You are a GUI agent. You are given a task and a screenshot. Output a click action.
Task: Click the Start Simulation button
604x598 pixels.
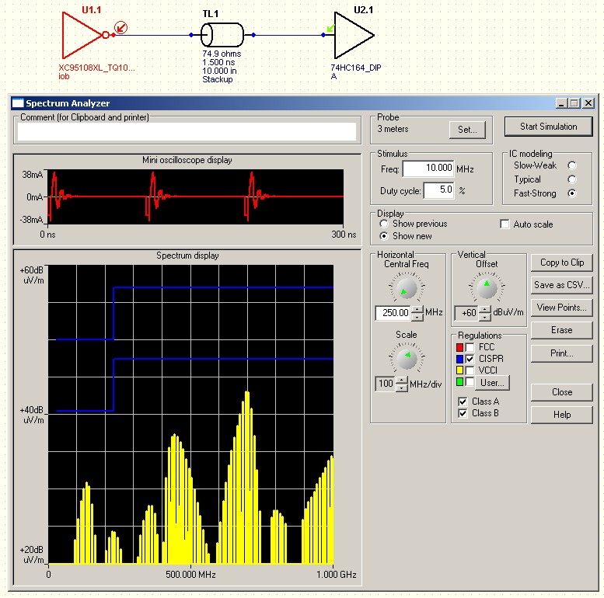pos(548,127)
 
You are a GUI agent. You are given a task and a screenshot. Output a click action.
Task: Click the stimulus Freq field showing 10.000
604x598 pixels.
pos(428,169)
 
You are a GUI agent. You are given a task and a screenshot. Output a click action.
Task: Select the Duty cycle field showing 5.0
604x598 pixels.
pos(438,190)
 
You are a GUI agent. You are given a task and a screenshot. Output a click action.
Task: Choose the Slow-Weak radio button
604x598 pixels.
pos(572,165)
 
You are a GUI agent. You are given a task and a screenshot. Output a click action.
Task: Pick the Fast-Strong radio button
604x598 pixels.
pos(572,193)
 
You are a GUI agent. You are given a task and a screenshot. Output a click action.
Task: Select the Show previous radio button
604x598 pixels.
pos(384,224)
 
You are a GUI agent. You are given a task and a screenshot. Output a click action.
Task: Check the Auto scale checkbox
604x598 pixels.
pos(504,224)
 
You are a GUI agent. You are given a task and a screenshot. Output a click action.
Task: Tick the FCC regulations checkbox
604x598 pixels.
pos(470,347)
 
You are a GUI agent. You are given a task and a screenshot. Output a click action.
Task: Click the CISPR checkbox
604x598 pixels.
pos(470,359)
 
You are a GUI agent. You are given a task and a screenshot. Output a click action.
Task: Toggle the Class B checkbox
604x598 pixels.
pos(463,413)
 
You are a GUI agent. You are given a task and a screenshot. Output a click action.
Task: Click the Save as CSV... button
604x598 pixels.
pos(561,285)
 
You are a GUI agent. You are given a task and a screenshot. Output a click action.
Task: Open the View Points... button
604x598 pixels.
pos(561,308)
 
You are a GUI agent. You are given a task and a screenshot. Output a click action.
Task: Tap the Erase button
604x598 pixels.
pos(561,330)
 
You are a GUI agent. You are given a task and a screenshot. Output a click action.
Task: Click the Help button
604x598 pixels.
pos(561,415)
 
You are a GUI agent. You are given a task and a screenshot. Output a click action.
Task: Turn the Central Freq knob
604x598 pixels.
pos(407,288)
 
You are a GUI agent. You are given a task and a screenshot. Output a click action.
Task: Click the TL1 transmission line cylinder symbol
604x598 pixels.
pos(222,35)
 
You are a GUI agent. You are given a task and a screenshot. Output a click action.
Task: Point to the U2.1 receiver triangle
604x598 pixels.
pos(354,36)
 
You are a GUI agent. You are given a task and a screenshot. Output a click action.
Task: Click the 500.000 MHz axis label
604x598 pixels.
pos(190,575)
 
